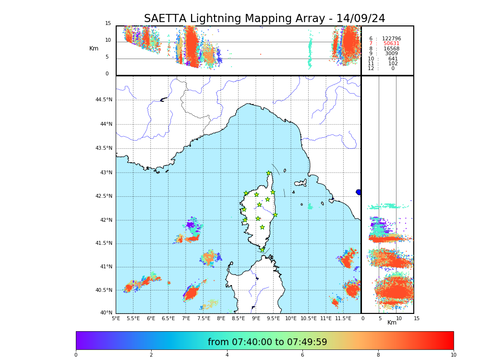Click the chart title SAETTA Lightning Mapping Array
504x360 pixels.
(x=264, y=19)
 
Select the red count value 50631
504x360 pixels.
(x=391, y=44)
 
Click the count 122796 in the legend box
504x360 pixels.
(x=391, y=39)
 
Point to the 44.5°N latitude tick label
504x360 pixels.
(x=104, y=100)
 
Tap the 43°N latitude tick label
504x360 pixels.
(x=106, y=173)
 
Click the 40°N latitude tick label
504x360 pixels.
(x=106, y=313)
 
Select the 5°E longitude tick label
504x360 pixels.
(x=116, y=318)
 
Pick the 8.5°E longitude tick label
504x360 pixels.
(x=239, y=318)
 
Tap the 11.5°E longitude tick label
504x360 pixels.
(x=343, y=318)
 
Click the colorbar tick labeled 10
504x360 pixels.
(x=453, y=355)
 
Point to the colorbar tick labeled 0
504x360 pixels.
(x=76, y=355)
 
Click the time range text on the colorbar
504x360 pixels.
(x=267, y=342)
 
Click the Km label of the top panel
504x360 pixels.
(x=94, y=48)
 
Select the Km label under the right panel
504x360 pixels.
(x=392, y=323)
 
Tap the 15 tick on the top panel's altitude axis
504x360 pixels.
(x=108, y=24)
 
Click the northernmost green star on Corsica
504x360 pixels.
(x=269, y=173)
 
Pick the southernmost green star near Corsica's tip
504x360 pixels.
(x=262, y=250)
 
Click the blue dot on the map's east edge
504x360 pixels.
(x=359, y=192)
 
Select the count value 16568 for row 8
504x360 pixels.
(x=391, y=49)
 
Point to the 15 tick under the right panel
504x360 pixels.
(x=417, y=318)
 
